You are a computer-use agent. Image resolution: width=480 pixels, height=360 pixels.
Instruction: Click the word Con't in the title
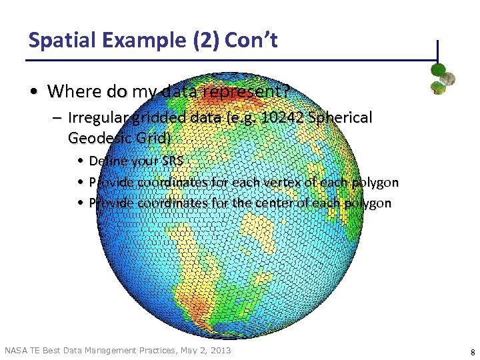point(251,40)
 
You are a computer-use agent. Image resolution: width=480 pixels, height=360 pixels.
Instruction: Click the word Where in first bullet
point(71,90)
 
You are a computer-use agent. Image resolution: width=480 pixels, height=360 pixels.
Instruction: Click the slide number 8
point(472,351)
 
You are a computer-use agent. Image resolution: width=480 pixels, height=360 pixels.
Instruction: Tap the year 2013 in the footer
point(219,350)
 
